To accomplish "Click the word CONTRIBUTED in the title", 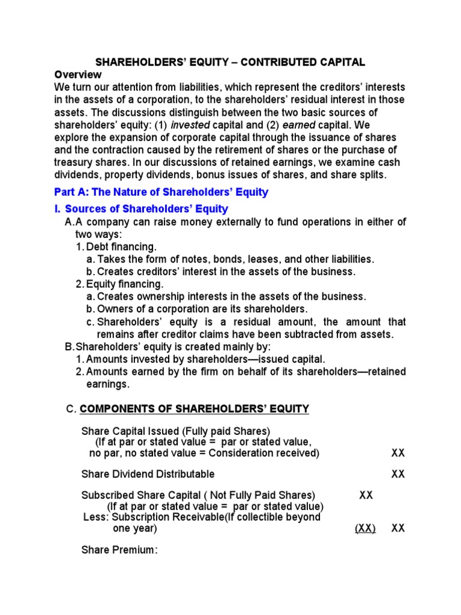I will (258, 62).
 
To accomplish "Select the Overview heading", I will (78, 74).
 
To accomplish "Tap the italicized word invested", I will (191, 125).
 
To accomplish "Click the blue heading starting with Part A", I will (161, 193).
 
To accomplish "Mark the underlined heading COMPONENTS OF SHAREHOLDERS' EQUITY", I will (194, 409).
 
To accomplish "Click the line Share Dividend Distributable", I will (148, 474).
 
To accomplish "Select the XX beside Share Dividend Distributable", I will (398, 474).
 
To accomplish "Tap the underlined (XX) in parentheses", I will (365, 529).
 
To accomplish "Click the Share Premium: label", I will (119, 550).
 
